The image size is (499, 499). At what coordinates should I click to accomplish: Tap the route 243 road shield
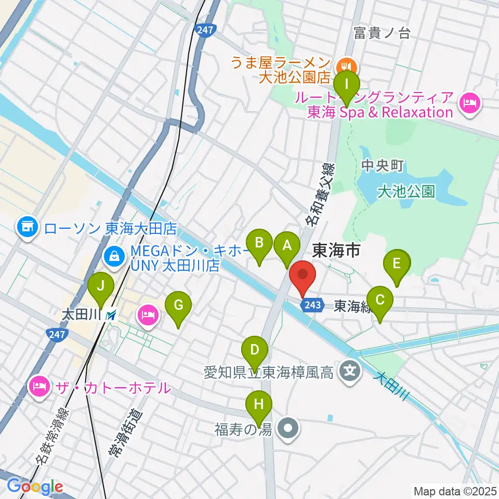pos(312,305)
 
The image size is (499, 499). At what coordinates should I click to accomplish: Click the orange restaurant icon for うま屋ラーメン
pos(345,66)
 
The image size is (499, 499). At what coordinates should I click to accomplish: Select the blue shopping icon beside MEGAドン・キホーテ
pos(113,255)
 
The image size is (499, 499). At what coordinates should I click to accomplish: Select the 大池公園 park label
pos(406,192)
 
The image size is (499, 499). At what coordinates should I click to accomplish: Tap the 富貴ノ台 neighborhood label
pos(382,34)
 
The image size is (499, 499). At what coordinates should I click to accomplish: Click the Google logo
pos(34,486)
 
